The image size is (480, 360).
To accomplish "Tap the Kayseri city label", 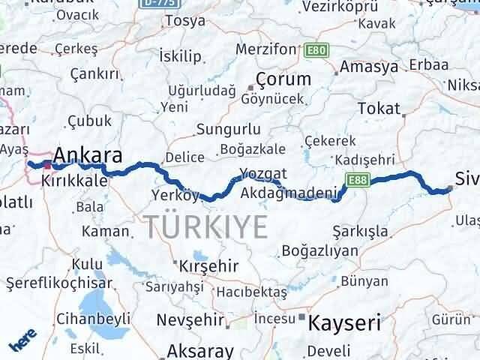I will pos(344,323).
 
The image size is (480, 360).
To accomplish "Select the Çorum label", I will pos(283,79).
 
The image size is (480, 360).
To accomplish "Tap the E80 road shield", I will pos(316,50).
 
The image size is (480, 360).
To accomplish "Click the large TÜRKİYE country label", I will pos(205,225).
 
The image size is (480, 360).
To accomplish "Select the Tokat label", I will pos(379,108).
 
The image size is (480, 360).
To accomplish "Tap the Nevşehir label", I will pos(190,320).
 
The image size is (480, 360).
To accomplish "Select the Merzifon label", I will pos(266,49).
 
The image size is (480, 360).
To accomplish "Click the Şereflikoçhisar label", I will pos(58,283).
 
